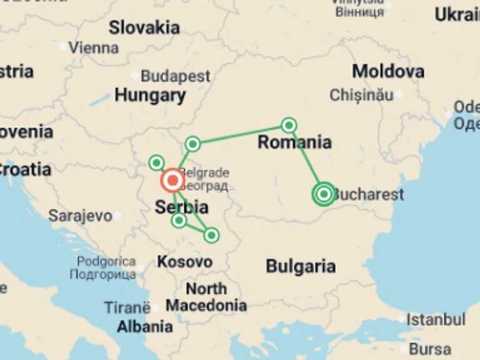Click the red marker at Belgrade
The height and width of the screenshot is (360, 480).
[172, 181]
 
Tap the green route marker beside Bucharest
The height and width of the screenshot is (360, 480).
[324, 194]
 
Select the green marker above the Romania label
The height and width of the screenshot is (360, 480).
[289, 125]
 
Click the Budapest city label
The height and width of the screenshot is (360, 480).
[175, 76]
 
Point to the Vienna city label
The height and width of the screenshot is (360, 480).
[93, 47]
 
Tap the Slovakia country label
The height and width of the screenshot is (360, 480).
[144, 27]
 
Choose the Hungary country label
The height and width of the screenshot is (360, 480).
[150, 96]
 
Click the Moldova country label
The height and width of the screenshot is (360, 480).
[388, 71]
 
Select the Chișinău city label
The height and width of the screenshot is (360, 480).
[361, 95]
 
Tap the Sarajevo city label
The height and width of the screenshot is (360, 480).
[81, 216]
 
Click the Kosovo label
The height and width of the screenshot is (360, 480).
[184, 261]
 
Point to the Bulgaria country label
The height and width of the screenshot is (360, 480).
[301, 266]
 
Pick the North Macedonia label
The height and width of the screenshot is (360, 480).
[206, 297]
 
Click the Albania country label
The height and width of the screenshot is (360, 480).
[145, 326]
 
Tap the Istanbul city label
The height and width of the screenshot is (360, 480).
[436, 320]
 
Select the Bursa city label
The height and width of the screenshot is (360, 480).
[431, 349]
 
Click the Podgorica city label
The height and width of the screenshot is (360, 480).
[106, 268]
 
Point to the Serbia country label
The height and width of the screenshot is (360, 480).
[182, 207]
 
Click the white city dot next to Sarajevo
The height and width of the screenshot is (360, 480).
[117, 216]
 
